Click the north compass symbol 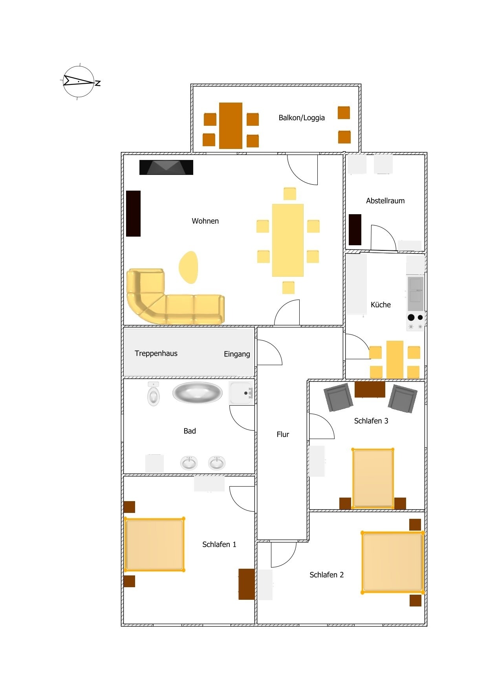click(x=80, y=81)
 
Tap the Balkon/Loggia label click(x=302, y=118)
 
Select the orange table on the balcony click(x=231, y=125)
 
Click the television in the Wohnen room click(x=166, y=167)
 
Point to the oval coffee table click(x=189, y=267)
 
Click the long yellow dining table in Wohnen click(x=288, y=240)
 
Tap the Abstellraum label click(x=385, y=201)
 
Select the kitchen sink click(x=416, y=294)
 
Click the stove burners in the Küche click(x=416, y=322)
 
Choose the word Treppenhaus click(x=156, y=353)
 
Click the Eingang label click(x=237, y=354)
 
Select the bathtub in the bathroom click(x=198, y=393)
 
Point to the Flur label click(x=283, y=434)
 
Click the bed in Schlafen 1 click(x=154, y=544)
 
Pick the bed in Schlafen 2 click(x=393, y=562)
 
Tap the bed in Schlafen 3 click(x=373, y=478)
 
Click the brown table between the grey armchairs click(x=370, y=390)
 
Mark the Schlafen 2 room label click(x=326, y=575)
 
